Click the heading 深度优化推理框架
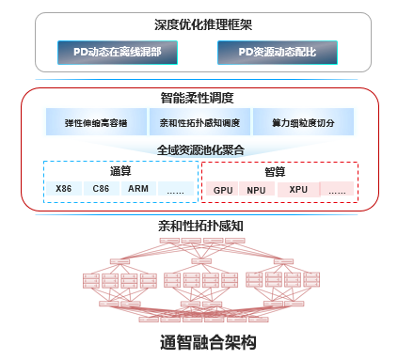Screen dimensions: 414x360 203,24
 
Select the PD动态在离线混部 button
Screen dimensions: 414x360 118,53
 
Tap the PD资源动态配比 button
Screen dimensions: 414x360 278,53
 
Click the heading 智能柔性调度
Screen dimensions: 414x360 197,98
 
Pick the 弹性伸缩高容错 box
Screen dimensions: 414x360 96,122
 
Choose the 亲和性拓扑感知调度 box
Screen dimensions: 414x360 199,122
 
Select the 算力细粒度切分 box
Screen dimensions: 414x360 303,122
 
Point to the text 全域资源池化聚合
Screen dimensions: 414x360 200,150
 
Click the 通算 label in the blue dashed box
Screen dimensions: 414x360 120,171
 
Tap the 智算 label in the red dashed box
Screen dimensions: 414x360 275,172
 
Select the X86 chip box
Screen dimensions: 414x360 64,189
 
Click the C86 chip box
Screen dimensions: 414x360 101,189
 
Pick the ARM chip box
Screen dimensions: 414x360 138,189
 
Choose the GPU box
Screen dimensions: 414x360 223,190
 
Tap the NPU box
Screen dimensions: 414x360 257,190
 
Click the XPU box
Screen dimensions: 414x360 298,190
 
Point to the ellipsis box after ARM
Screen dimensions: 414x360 176,189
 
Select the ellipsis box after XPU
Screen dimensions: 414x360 337,189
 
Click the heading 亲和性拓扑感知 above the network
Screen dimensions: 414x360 200,226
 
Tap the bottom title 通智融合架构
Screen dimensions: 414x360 208,342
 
